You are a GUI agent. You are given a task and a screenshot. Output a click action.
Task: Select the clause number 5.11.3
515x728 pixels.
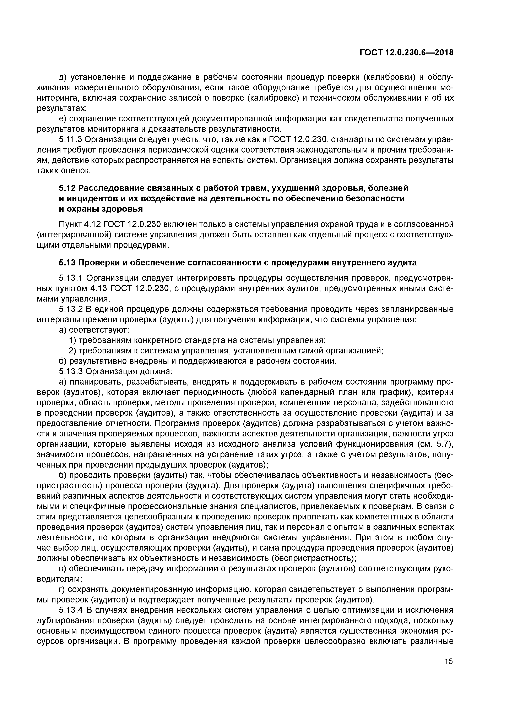pyautogui.click(x=70, y=139)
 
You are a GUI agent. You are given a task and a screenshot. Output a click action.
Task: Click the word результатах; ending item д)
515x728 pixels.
pyautogui.click(x=62, y=109)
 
